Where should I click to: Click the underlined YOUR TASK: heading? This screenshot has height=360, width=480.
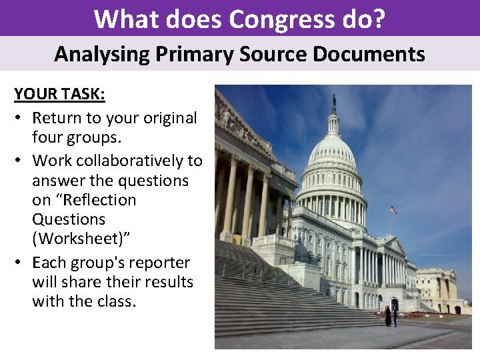tap(59, 94)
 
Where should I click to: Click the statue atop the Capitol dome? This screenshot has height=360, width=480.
tap(334, 101)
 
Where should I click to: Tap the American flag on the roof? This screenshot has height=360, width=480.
tap(393, 210)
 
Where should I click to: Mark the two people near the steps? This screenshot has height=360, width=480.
tap(391, 315)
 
